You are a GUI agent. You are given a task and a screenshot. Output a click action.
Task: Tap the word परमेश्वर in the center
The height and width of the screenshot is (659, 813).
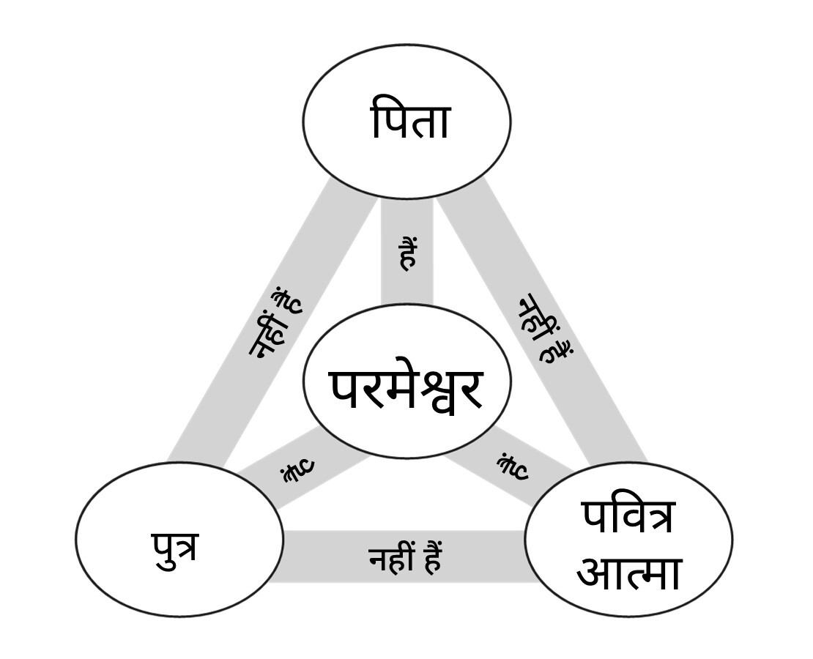point(407,390)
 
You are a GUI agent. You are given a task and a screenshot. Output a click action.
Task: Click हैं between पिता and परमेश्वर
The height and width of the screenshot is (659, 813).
point(408,253)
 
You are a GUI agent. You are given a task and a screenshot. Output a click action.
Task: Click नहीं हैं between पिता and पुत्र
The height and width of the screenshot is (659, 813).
point(275,323)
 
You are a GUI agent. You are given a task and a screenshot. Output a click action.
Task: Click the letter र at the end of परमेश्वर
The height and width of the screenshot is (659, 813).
point(470,390)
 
